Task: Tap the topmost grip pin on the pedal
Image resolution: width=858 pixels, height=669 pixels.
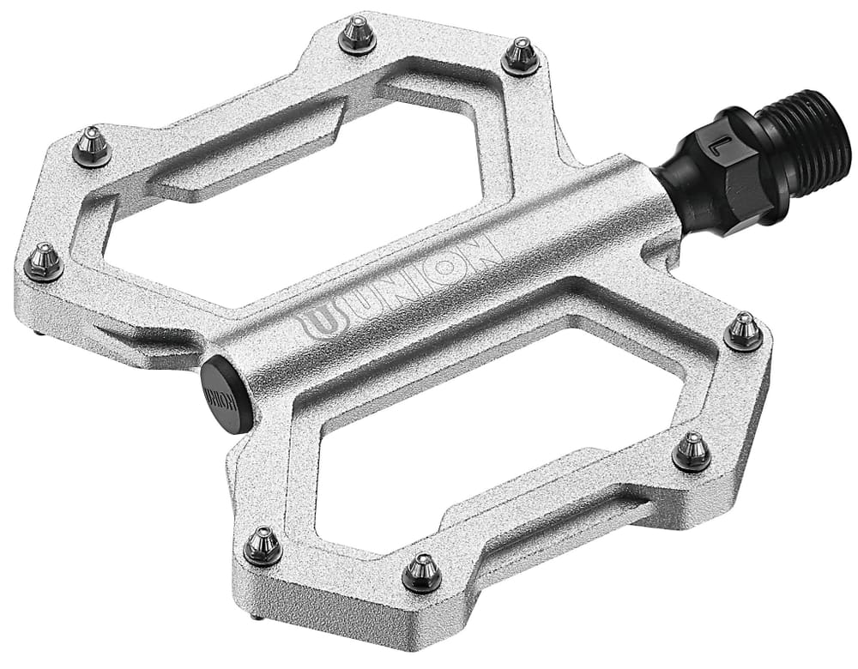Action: tap(357, 35)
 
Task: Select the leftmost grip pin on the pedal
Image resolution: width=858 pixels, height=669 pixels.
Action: tap(44, 261)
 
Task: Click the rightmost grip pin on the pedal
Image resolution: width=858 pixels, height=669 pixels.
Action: tap(743, 331)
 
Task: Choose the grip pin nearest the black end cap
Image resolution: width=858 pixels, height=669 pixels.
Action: tap(263, 545)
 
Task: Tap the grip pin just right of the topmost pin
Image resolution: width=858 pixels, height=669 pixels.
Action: tap(520, 55)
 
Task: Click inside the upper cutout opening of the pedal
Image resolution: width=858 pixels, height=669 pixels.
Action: tap(300, 206)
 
